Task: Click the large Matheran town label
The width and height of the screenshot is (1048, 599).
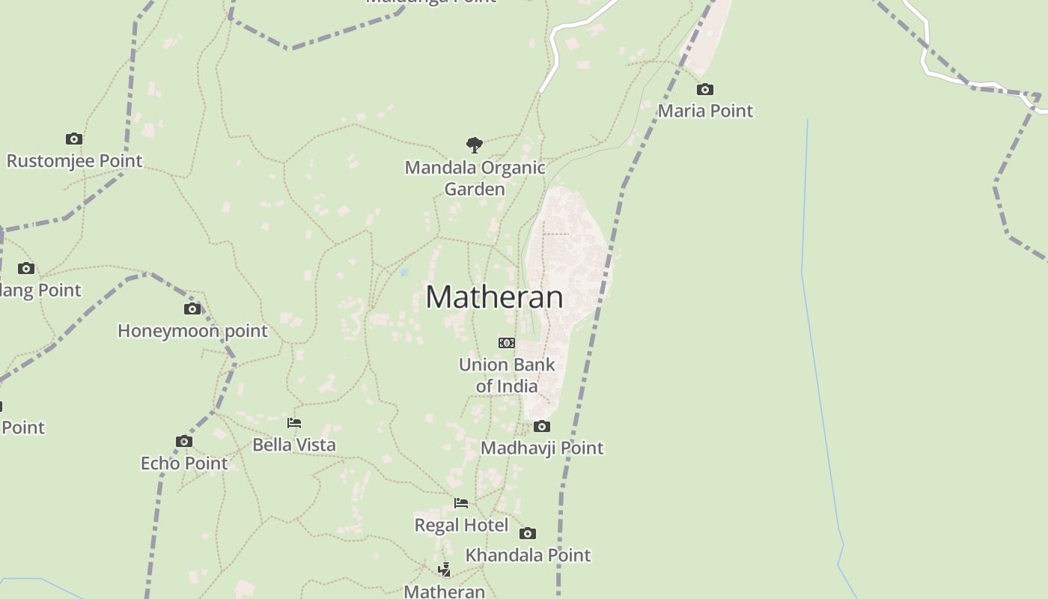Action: [494, 297]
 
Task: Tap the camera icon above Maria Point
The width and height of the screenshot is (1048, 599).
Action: [705, 90]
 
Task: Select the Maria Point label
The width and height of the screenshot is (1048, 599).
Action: [705, 111]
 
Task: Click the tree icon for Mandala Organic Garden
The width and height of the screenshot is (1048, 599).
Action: [474, 145]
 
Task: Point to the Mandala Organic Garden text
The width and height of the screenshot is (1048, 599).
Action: [475, 178]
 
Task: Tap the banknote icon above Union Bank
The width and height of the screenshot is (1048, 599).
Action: [507, 343]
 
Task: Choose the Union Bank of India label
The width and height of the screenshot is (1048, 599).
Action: [507, 375]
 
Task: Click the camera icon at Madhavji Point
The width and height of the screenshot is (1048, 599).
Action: [542, 427]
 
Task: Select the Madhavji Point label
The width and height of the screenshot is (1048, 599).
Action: [542, 448]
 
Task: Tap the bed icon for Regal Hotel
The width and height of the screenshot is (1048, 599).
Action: [461, 503]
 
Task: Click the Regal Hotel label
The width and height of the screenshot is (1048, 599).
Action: [461, 525]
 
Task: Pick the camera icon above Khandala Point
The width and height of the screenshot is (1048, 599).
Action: [528, 534]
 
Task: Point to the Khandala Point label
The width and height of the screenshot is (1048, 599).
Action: [528, 555]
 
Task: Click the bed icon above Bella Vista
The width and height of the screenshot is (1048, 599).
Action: [294, 423]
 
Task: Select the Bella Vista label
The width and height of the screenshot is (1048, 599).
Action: [294, 445]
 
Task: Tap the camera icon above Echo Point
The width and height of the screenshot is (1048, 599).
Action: [184, 442]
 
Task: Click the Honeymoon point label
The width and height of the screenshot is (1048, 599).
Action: [192, 330]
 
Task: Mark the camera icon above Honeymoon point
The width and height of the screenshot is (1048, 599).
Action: [192, 309]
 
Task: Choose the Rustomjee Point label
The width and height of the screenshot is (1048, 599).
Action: [74, 160]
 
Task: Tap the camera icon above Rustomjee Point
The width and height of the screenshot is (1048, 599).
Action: [74, 139]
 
